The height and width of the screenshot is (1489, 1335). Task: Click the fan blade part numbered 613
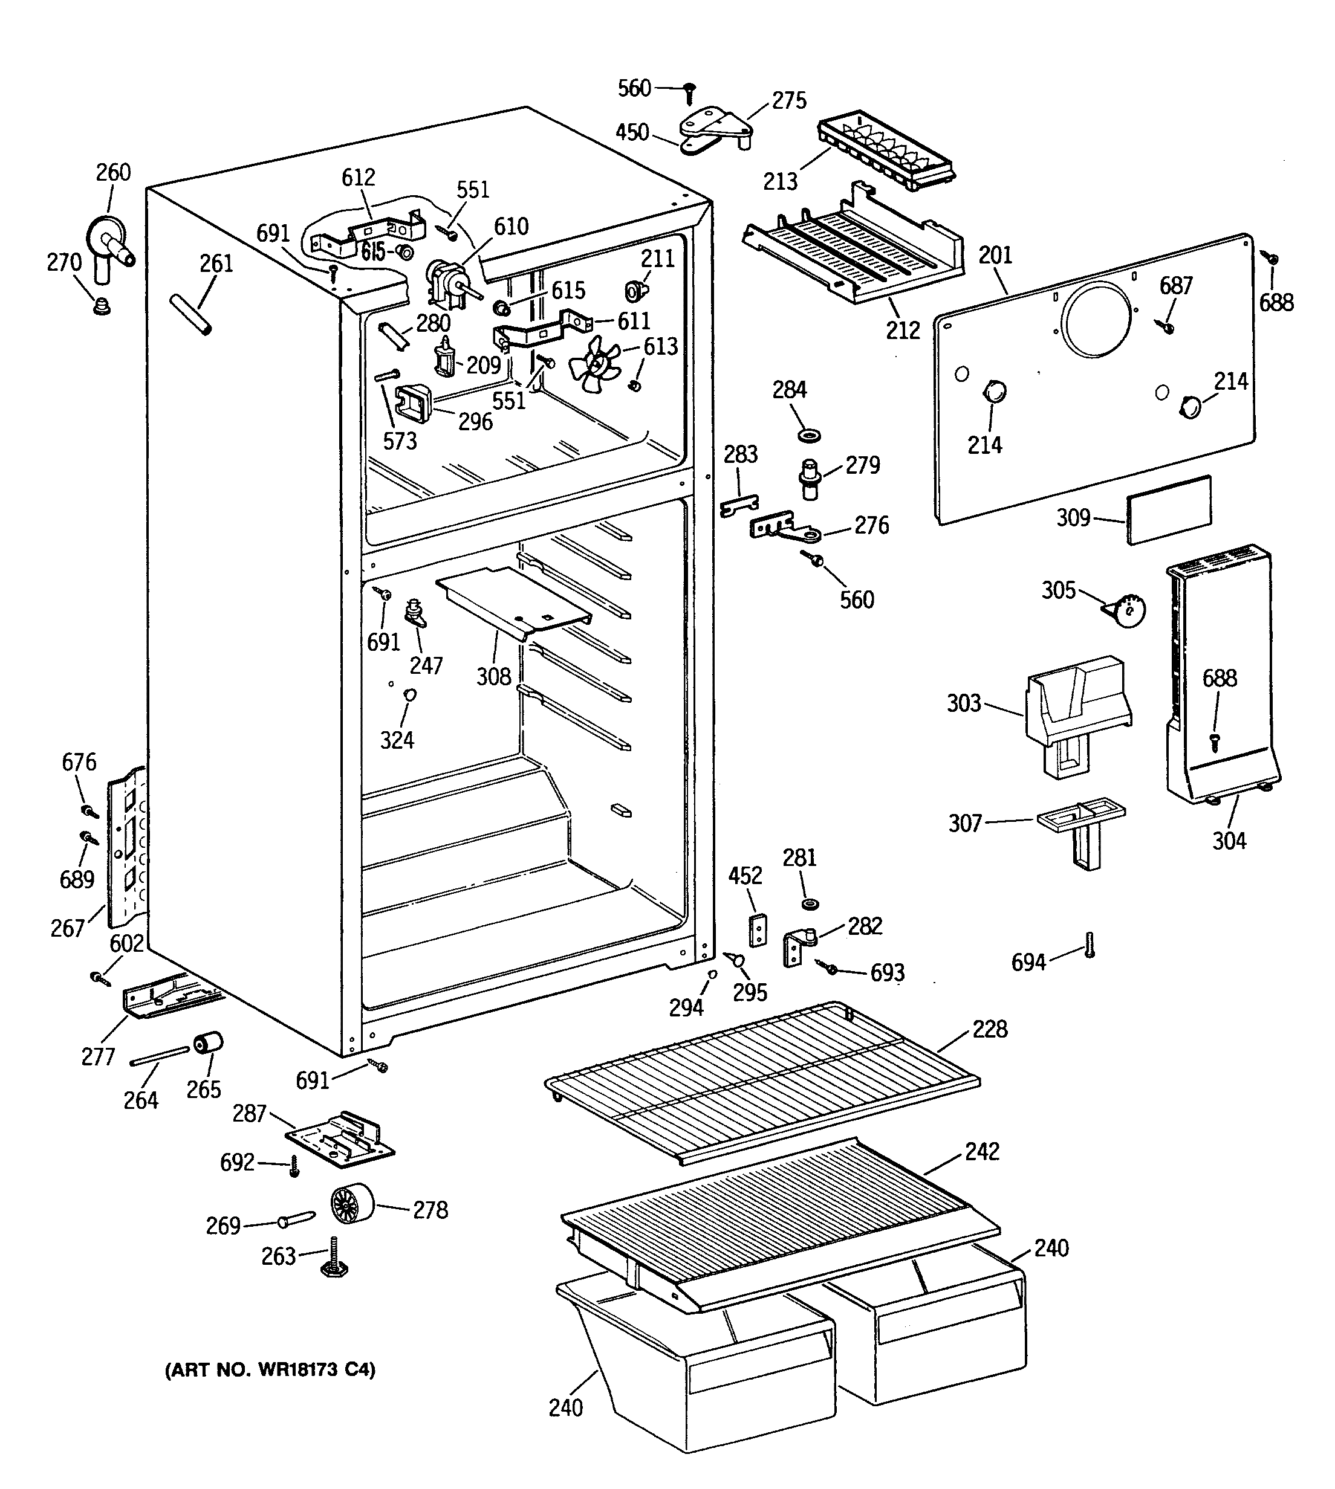tap(596, 364)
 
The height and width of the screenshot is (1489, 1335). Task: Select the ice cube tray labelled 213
tap(886, 153)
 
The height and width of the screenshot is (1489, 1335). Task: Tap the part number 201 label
tap(995, 256)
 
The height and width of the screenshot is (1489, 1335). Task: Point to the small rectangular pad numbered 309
tap(1169, 509)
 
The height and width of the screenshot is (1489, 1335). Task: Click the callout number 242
tap(982, 1152)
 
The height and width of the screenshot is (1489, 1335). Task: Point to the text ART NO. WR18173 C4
tap(270, 1370)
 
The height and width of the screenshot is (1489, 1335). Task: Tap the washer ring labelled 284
tap(808, 436)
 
